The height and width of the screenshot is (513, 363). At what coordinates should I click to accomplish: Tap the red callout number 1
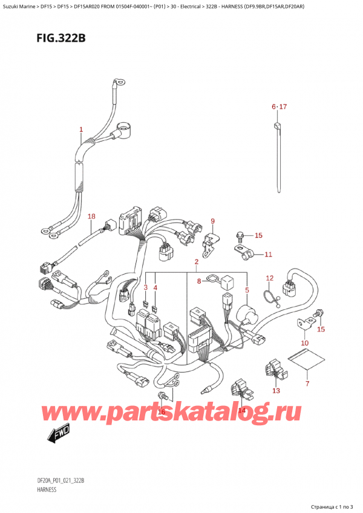(x=81, y=129)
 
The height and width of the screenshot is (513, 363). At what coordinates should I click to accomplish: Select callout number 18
(x=91, y=217)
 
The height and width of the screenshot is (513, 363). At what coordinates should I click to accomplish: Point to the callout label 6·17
(x=279, y=107)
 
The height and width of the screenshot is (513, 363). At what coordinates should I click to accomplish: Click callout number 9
(x=212, y=221)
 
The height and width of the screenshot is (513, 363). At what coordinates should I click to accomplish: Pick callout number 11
(x=269, y=255)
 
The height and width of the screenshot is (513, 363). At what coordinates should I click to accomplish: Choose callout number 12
(x=270, y=278)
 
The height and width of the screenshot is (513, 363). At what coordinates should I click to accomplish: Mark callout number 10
(x=305, y=343)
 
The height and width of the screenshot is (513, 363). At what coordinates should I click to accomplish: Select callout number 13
(x=276, y=391)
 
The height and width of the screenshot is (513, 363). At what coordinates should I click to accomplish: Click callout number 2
(x=197, y=262)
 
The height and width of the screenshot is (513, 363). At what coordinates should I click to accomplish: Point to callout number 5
(x=247, y=290)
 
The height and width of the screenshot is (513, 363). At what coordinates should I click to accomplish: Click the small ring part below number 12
(x=269, y=296)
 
